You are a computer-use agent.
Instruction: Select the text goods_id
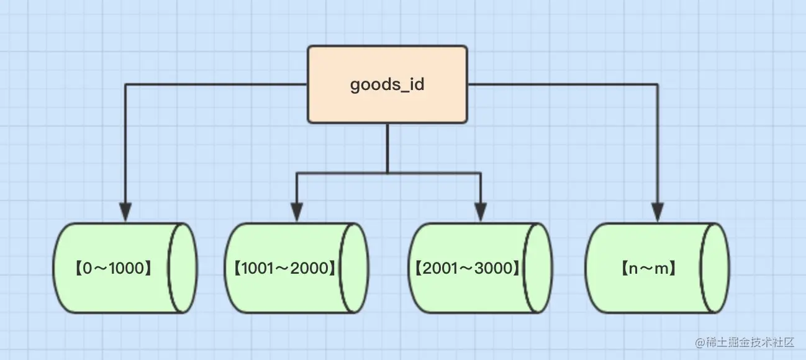point(387,84)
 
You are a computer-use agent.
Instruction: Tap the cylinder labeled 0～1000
point(124,268)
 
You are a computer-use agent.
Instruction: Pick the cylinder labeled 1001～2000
point(296,268)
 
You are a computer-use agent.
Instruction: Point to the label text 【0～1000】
point(112,268)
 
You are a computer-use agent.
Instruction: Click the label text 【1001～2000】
point(284,268)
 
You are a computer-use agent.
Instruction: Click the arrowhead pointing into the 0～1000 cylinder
point(125,213)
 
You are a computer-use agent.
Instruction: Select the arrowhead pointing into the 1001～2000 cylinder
point(297,213)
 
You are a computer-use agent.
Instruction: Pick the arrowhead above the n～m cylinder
point(658,213)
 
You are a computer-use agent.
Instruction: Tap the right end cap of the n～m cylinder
point(714,268)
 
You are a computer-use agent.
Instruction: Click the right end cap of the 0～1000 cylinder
point(183,268)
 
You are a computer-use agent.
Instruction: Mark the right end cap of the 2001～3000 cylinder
point(537,268)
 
